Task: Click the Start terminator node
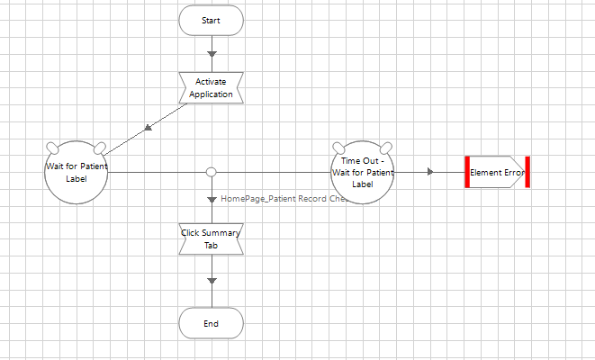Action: pyautogui.click(x=212, y=20)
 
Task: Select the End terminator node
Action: pyautogui.click(x=212, y=323)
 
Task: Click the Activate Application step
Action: pyautogui.click(x=212, y=88)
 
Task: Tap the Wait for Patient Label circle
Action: pyautogui.click(x=76, y=172)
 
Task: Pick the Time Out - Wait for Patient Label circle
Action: pyautogui.click(x=361, y=172)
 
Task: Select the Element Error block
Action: pyautogui.click(x=496, y=172)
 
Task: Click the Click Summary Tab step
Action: pyautogui.click(x=212, y=238)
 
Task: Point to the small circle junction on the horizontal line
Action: pyautogui.click(x=212, y=172)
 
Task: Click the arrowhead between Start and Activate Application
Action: pyautogui.click(x=212, y=54)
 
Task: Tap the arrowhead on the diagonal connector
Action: pyautogui.click(x=149, y=127)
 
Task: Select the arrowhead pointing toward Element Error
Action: pyautogui.click(x=432, y=172)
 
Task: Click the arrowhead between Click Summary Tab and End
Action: pyautogui.click(x=212, y=282)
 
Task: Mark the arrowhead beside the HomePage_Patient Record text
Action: pyautogui.click(x=212, y=199)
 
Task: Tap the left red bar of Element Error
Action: pyautogui.click(x=468, y=172)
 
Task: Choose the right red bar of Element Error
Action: pyautogui.click(x=527, y=172)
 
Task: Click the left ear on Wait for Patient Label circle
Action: pyautogui.click(x=52, y=148)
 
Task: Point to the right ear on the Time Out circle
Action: pyautogui.click(x=385, y=148)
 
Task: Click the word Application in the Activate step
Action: pyautogui.click(x=212, y=94)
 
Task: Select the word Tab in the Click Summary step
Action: pyautogui.click(x=212, y=245)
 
